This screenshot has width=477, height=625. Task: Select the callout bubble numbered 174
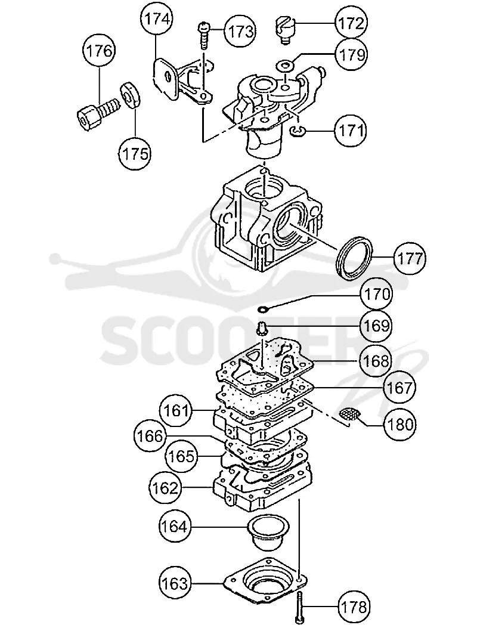(x=156, y=18)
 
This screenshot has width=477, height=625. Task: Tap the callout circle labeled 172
(x=351, y=23)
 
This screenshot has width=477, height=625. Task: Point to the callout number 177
(x=410, y=258)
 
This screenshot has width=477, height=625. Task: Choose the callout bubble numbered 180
(x=399, y=425)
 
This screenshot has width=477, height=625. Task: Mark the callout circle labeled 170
(x=376, y=294)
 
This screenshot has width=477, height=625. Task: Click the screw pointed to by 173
(x=204, y=36)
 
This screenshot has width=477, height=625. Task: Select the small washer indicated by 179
(x=285, y=64)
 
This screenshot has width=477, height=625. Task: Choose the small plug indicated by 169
(x=261, y=330)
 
